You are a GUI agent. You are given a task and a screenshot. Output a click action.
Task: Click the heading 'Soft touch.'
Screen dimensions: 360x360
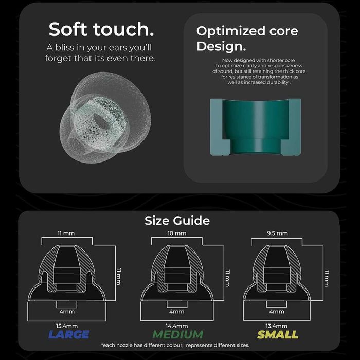coord(101,29)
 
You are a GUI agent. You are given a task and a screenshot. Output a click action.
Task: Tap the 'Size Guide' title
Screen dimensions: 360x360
coord(177,221)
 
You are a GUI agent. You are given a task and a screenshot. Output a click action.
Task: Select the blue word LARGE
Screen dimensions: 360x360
coord(69,334)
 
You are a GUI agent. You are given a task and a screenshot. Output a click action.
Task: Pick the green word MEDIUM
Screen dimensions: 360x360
coord(178,334)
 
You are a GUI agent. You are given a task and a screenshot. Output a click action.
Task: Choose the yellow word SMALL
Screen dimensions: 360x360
coord(278,334)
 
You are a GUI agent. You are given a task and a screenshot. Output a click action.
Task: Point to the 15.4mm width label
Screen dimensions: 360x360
coord(67,326)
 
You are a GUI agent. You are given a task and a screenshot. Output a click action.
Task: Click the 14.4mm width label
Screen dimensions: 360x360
coord(177,326)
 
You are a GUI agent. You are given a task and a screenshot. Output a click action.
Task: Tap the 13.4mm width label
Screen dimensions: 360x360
coord(277,326)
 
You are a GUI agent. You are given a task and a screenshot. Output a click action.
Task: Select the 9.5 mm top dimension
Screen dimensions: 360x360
coord(277,233)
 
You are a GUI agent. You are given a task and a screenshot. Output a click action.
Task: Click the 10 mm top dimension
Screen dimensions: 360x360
coord(177,233)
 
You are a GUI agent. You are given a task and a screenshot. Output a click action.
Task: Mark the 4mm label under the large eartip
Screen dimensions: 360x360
coord(67,312)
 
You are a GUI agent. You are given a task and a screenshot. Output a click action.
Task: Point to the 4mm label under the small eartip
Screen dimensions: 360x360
coord(277,312)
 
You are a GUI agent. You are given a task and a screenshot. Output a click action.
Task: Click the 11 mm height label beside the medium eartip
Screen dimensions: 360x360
coord(227,278)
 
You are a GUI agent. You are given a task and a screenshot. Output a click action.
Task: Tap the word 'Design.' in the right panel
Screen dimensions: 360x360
coord(221,46)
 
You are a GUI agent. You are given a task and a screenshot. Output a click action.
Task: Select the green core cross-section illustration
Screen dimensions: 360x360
coord(255,127)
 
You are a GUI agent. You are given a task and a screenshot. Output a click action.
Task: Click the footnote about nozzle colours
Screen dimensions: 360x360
coord(175,345)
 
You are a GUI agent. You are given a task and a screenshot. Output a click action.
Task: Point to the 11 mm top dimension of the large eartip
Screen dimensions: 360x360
coord(66,233)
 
